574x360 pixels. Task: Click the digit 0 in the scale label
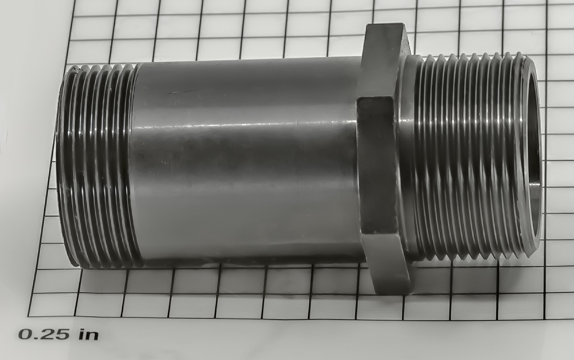tap(26, 334)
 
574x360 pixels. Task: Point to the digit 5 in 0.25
tap(61, 334)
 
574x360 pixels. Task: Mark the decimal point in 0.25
tap(36, 337)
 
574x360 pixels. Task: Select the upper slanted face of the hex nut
tap(382, 60)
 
